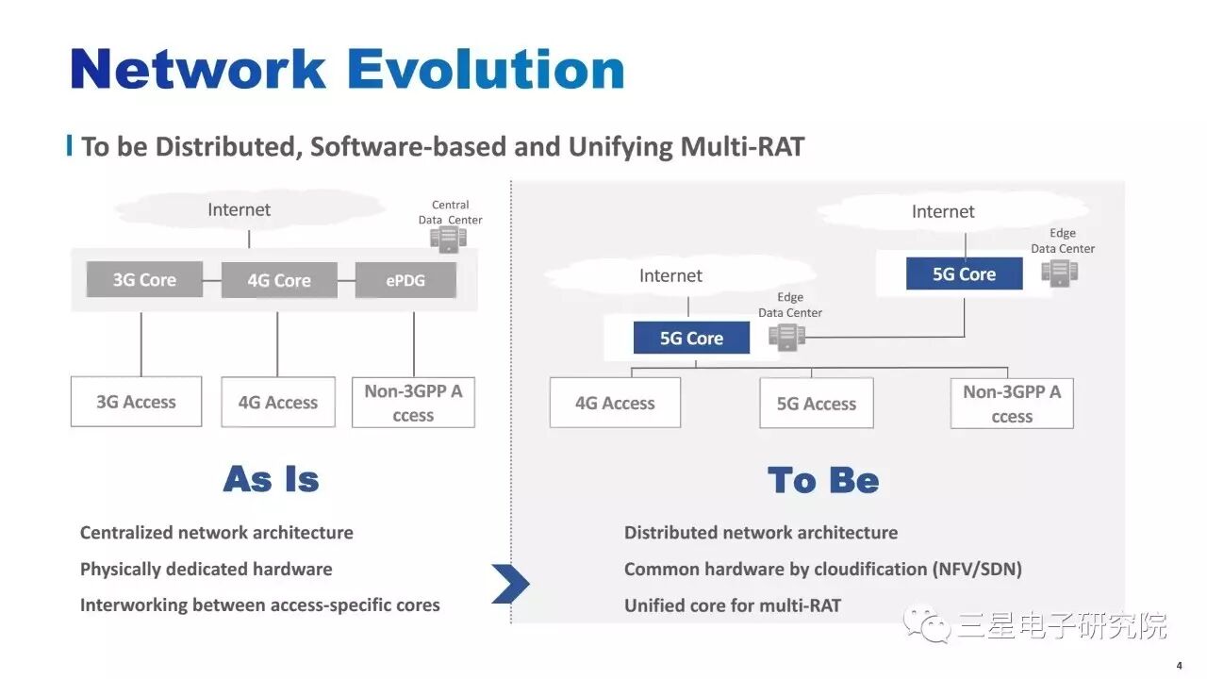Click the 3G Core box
click(144, 279)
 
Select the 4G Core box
click(279, 280)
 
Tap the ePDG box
click(405, 280)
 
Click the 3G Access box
click(136, 402)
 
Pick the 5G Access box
click(817, 404)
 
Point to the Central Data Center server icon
click(448, 239)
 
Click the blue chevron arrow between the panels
click(510, 584)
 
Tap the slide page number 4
click(1179, 664)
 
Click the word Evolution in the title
click(486, 69)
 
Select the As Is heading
click(272, 479)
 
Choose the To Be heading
click(823, 480)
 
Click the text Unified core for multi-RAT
click(732, 605)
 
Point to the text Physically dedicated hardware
click(206, 569)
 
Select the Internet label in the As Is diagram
click(239, 209)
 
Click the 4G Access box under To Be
click(615, 403)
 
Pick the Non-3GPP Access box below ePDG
click(413, 403)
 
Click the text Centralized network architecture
click(216, 532)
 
